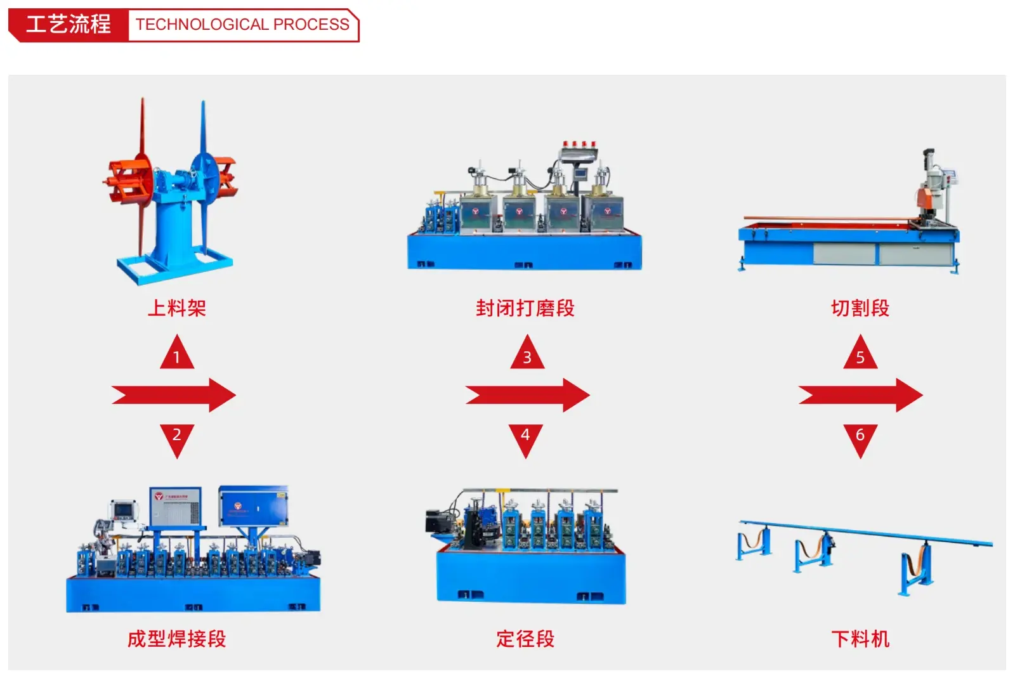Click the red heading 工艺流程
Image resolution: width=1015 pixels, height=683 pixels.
tap(69, 25)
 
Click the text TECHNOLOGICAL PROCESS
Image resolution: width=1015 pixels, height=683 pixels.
tap(242, 25)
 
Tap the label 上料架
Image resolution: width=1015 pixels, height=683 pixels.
tap(177, 308)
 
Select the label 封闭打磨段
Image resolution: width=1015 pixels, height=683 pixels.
tap(525, 308)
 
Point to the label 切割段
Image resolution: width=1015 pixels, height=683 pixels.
tap(860, 308)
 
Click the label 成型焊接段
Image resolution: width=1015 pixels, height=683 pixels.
tap(177, 639)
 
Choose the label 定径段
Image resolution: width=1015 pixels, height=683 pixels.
tap(525, 639)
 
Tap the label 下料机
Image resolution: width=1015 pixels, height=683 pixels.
tap(860, 639)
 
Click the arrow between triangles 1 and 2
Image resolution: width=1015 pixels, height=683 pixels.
tap(174, 396)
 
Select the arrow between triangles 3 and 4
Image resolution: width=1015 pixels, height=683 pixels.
tap(528, 396)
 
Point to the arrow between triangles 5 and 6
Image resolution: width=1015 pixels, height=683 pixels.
tap(861, 396)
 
